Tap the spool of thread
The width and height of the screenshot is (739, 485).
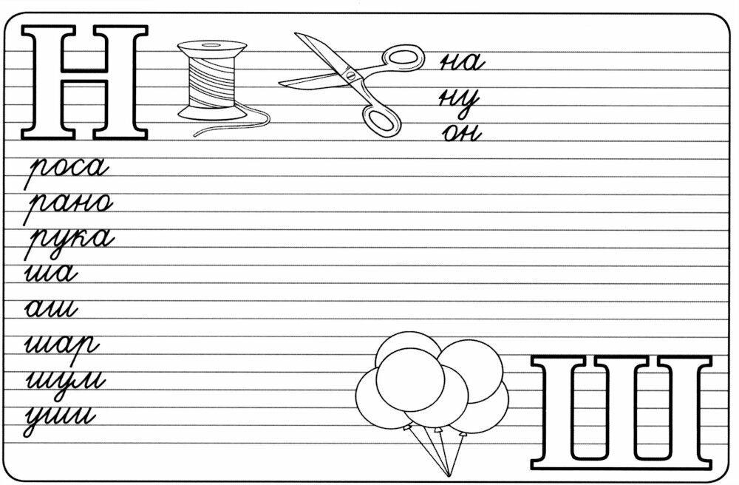pos(211,80)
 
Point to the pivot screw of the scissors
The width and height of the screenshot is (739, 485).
pos(350,75)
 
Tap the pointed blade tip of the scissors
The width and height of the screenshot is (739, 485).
pos(296,34)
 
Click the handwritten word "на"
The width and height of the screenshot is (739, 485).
pos(461,63)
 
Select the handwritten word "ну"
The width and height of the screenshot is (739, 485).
pos(460,101)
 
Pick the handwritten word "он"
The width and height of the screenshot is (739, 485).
pos(462,133)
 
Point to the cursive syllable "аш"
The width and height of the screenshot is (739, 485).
pos(51,310)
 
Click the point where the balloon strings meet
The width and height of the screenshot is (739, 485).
pos(449,475)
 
